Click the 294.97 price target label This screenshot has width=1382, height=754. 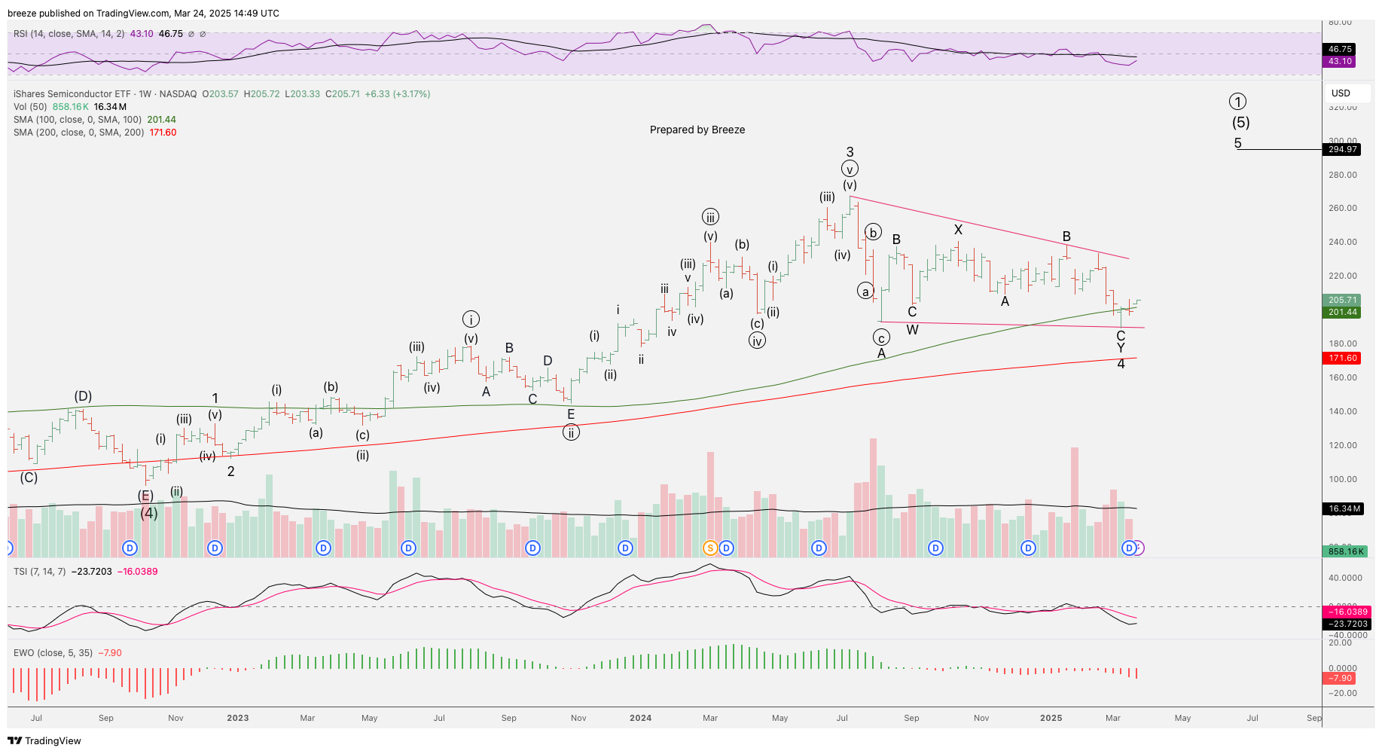point(1342,149)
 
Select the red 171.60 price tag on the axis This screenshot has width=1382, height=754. point(1342,358)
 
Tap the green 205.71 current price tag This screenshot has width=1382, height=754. point(1342,300)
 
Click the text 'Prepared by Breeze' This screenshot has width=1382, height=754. point(697,130)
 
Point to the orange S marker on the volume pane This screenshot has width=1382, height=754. point(709,548)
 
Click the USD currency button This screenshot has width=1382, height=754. point(1341,93)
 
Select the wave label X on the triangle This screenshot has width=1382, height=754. point(958,230)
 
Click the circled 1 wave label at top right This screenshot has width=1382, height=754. point(1237,101)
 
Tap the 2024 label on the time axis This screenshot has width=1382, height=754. point(640,718)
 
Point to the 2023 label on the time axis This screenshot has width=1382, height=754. point(237,718)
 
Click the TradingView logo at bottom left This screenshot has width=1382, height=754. point(44,740)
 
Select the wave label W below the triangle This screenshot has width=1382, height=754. point(912,330)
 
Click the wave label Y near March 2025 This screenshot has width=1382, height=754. point(1121,348)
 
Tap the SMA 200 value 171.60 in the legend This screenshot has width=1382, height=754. point(163,133)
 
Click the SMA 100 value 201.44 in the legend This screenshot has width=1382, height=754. point(162,120)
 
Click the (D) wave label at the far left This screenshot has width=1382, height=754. point(83,396)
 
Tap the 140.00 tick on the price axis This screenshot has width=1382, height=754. point(1342,411)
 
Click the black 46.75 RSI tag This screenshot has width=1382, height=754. point(1340,49)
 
